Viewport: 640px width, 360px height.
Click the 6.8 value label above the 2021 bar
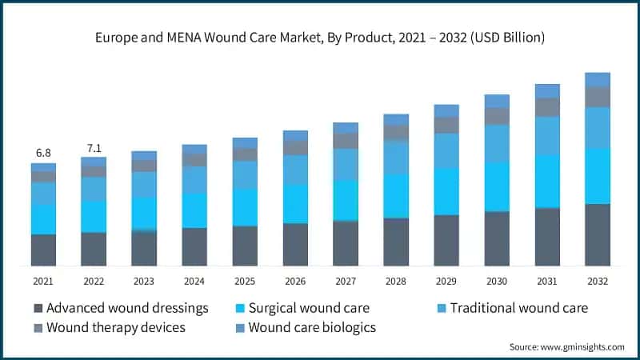tap(43, 153)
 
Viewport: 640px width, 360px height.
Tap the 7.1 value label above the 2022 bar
tap(94, 147)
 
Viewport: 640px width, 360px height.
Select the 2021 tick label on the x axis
tap(43, 281)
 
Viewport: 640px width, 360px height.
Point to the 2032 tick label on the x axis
tap(598, 281)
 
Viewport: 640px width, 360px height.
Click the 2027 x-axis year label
tap(346, 281)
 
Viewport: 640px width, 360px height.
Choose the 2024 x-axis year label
tap(194, 281)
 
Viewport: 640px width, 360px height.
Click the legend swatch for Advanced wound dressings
tap(38, 308)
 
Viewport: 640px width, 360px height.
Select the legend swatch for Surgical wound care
tap(239, 308)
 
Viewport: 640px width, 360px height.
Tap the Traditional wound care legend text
tap(518, 308)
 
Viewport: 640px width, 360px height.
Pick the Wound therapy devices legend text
tap(116, 327)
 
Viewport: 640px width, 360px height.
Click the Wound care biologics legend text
tap(312, 327)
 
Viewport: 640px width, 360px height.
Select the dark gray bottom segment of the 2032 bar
tap(598, 235)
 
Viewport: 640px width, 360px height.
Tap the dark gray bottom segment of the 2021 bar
tap(43, 250)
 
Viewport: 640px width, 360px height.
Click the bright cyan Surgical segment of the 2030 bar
tap(497, 186)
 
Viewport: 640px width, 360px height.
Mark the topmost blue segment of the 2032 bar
tap(598, 79)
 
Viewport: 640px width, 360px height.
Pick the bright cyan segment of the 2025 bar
tap(245, 207)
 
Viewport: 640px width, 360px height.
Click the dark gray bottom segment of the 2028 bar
tap(396, 242)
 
